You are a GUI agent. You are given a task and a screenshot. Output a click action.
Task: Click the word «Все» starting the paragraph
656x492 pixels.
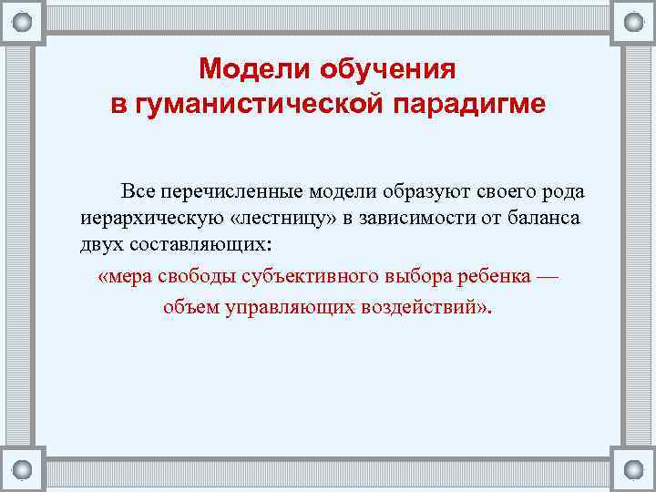[x=138, y=191]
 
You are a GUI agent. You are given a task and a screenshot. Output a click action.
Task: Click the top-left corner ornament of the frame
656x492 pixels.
[x=23, y=22]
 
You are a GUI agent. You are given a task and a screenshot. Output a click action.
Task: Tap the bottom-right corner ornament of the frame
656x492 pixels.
[x=632, y=469]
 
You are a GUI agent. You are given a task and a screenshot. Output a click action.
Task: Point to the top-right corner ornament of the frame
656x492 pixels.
[x=632, y=22]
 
